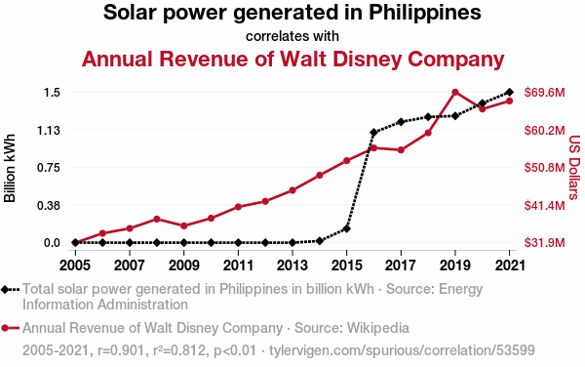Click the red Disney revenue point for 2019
(x=455, y=92)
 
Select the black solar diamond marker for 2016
(x=373, y=132)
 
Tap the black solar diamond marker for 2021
(x=509, y=92)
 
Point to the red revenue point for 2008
(x=157, y=220)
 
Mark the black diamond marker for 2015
(x=346, y=228)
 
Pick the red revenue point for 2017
(x=401, y=150)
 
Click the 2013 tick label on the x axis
(x=292, y=265)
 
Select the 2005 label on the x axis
(x=75, y=265)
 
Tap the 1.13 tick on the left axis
(x=48, y=130)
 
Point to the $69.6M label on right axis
(x=545, y=92)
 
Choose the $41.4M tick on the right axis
(x=545, y=205)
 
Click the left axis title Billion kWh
(x=10, y=168)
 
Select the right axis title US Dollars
(x=575, y=168)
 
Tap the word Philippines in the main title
(x=425, y=13)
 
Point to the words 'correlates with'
(x=292, y=36)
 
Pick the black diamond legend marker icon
(x=5, y=289)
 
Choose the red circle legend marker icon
(x=5, y=328)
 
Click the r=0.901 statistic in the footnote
(x=121, y=350)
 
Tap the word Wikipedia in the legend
(x=378, y=328)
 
